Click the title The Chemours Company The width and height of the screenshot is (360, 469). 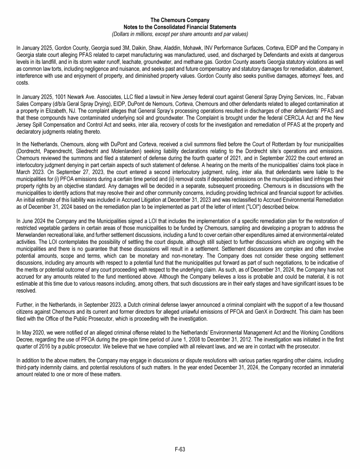point(180,20)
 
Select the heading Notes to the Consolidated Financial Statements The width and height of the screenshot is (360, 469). point(180,27)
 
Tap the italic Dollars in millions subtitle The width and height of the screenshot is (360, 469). point(180,34)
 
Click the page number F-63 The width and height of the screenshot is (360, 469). point(180,449)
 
